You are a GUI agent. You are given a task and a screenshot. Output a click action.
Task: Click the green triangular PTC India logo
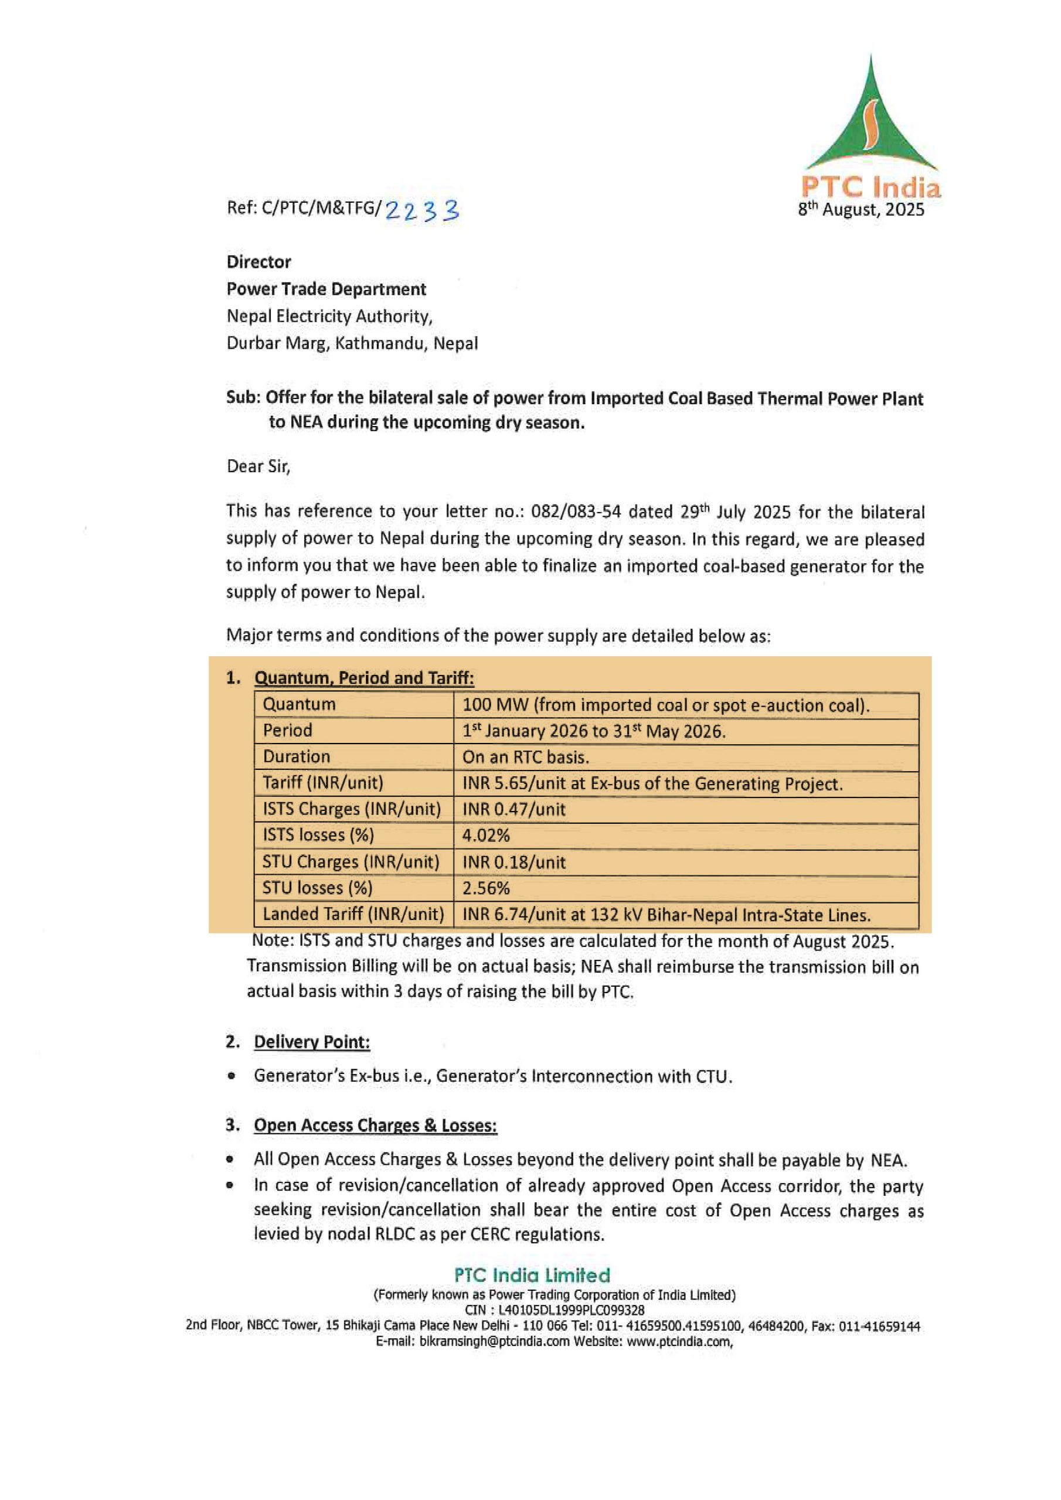tap(870, 121)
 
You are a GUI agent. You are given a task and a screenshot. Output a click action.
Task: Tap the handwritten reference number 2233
tap(422, 210)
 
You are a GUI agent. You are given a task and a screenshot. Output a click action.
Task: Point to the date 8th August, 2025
tap(861, 210)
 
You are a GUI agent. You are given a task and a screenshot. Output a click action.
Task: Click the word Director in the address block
tap(259, 262)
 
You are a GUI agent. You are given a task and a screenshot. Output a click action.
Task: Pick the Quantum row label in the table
tap(299, 704)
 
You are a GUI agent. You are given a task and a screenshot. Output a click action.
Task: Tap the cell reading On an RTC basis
tap(526, 757)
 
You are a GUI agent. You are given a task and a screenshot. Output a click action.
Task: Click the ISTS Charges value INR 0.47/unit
tap(514, 809)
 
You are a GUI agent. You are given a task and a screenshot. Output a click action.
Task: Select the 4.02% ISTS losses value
tap(486, 836)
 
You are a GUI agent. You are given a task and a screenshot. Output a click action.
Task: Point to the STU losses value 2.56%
tap(486, 888)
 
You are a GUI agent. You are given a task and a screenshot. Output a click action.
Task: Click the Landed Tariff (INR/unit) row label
tap(353, 914)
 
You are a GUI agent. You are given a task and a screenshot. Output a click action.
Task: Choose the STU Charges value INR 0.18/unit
tap(514, 862)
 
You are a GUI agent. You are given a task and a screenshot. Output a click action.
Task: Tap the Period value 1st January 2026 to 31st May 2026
tap(594, 731)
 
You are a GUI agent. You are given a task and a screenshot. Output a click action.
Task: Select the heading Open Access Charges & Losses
tap(375, 1126)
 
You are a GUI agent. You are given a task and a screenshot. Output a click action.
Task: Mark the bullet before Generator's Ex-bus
tap(231, 1076)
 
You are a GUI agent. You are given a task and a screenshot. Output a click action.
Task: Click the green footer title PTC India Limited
tap(532, 1275)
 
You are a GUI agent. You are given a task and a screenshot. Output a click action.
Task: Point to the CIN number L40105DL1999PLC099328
tap(572, 1310)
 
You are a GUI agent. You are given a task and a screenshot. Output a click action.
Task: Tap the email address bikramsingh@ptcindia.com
tap(494, 1341)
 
